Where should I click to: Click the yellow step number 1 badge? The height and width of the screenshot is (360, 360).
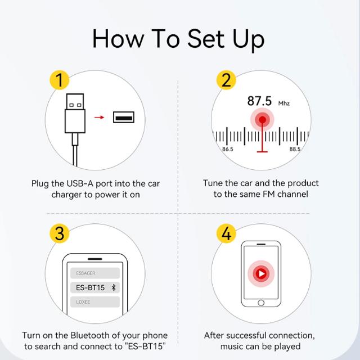click(x=60, y=80)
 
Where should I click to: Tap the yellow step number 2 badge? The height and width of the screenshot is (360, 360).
click(x=226, y=80)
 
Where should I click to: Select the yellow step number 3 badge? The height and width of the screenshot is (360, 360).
click(x=60, y=233)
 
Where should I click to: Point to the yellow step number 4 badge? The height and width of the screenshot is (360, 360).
click(x=226, y=233)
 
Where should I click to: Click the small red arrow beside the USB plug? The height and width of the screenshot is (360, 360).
click(x=99, y=118)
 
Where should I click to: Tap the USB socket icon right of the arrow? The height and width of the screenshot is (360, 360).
click(x=124, y=117)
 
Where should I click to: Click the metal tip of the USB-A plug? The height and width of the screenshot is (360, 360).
click(x=75, y=101)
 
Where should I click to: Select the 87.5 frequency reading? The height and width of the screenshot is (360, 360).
click(x=259, y=101)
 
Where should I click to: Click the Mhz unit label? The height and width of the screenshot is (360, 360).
click(x=284, y=103)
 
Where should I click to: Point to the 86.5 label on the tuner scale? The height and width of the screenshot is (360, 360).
click(x=227, y=149)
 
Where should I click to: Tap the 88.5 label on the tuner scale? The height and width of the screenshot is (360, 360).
click(x=295, y=149)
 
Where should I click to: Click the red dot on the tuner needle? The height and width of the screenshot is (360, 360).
click(x=262, y=120)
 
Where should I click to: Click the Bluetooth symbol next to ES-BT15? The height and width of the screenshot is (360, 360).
click(x=114, y=287)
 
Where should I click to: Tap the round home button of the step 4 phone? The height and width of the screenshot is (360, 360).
click(x=261, y=303)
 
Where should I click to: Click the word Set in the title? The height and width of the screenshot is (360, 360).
click(x=206, y=38)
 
